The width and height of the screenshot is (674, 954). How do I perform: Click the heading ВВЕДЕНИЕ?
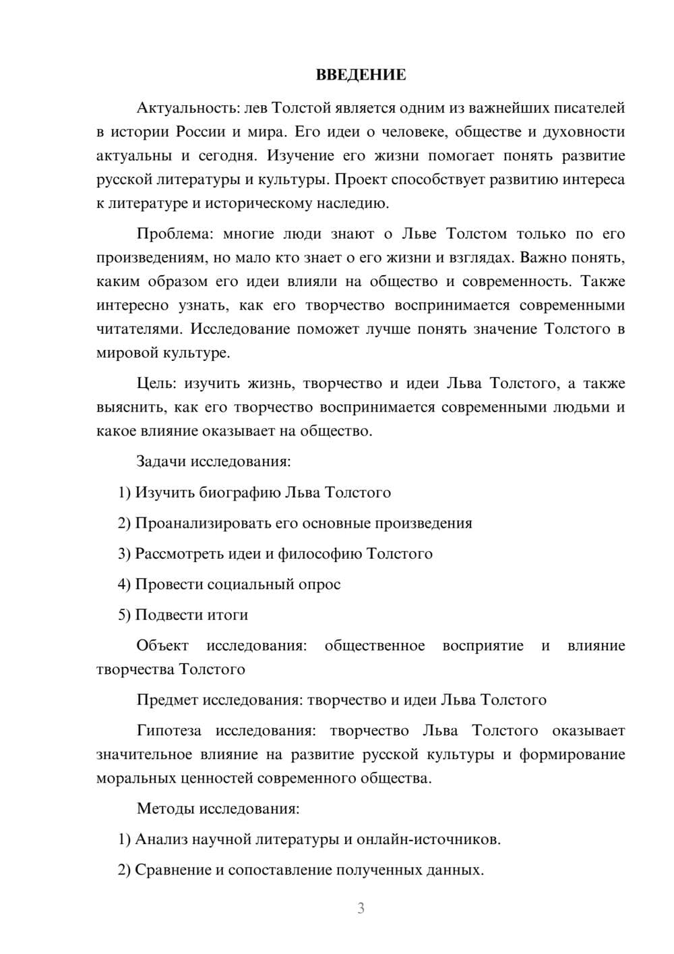[x=361, y=75]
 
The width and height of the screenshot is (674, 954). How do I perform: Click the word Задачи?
[x=161, y=462]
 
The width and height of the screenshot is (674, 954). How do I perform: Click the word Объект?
[x=162, y=646]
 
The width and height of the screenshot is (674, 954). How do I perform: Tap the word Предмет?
[x=166, y=700]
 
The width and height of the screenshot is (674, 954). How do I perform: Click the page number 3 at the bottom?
[x=361, y=908]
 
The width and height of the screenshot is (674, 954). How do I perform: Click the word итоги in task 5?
[x=226, y=615]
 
